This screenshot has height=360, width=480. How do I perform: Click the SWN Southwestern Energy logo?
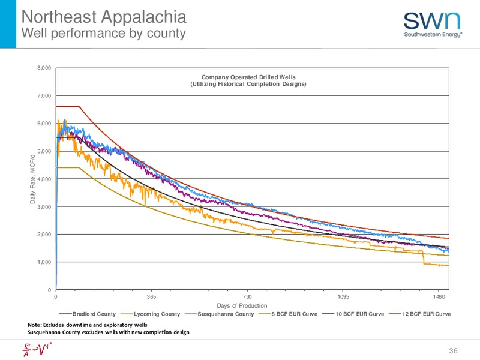(x=433, y=25)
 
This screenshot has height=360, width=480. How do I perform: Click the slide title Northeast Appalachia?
(x=104, y=17)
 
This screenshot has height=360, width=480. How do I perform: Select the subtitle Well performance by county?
(x=103, y=34)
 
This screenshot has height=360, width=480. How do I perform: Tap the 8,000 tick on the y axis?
(x=44, y=68)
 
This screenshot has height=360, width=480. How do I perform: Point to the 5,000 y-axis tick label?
(x=44, y=151)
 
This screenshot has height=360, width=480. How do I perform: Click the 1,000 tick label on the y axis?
(x=44, y=262)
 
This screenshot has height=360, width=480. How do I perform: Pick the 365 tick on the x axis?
(x=151, y=296)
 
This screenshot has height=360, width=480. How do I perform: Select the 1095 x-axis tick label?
(x=343, y=296)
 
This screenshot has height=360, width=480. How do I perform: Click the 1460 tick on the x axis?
(x=439, y=296)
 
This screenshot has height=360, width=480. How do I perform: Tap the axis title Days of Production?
(x=242, y=305)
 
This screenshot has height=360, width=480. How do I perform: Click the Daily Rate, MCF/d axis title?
(x=32, y=179)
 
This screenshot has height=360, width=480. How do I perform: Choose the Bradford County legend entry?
(x=88, y=314)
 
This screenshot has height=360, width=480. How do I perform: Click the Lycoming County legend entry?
(x=151, y=314)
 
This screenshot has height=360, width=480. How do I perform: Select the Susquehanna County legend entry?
(x=219, y=314)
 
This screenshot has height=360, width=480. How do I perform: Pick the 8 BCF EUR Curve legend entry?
(x=288, y=314)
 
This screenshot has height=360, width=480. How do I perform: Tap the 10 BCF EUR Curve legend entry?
(x=353, y=314)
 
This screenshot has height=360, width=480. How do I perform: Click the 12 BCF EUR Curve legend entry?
(x=419, y=314)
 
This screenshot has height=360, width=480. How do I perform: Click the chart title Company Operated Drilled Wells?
(x=248, y=77)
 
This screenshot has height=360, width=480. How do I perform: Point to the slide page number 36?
(x=453, y=351)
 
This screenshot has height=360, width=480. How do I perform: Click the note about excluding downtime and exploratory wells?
(x=88, y=325)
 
